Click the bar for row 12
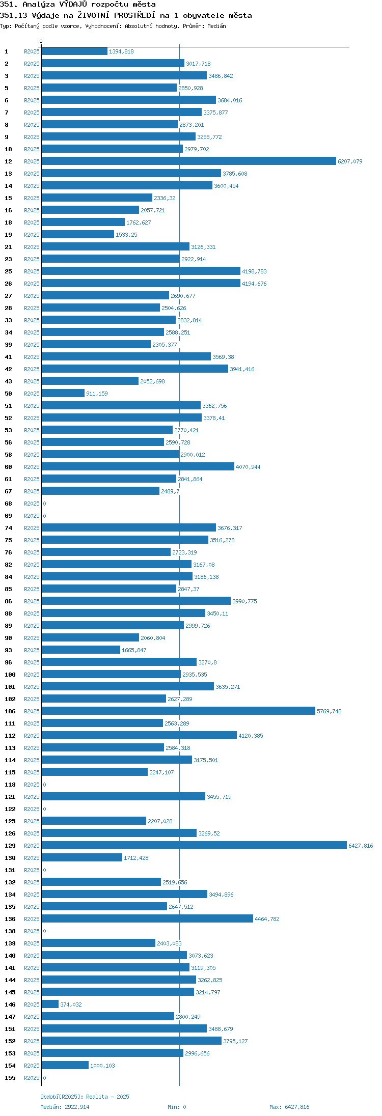click(x=188, y=161)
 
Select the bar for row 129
click(x=194, y=846)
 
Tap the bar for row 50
click(x=63, y=394)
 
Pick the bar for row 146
click(x=50, y=1005)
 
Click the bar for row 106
click(x=178, y=711)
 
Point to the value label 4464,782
click(x=267, y=919)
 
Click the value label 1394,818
click(x=121, y=51)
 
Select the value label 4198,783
click(x=254, y=271)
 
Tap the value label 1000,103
click(x=102, y=1066)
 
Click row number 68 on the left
click(x=9, y=504)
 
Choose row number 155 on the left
click(x=10, y=1078)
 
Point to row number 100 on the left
click(x=10, y=675)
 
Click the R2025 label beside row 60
click(x=32, y=467)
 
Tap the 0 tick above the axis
click(x=41, y=41)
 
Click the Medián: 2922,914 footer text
click(x=65, y=1107)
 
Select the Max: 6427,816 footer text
click(x=289, y=1107)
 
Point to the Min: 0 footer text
click(x=177, y=1107)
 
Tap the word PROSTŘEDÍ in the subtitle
click(x=134, y=15)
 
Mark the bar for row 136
click(x=147, y=919)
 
